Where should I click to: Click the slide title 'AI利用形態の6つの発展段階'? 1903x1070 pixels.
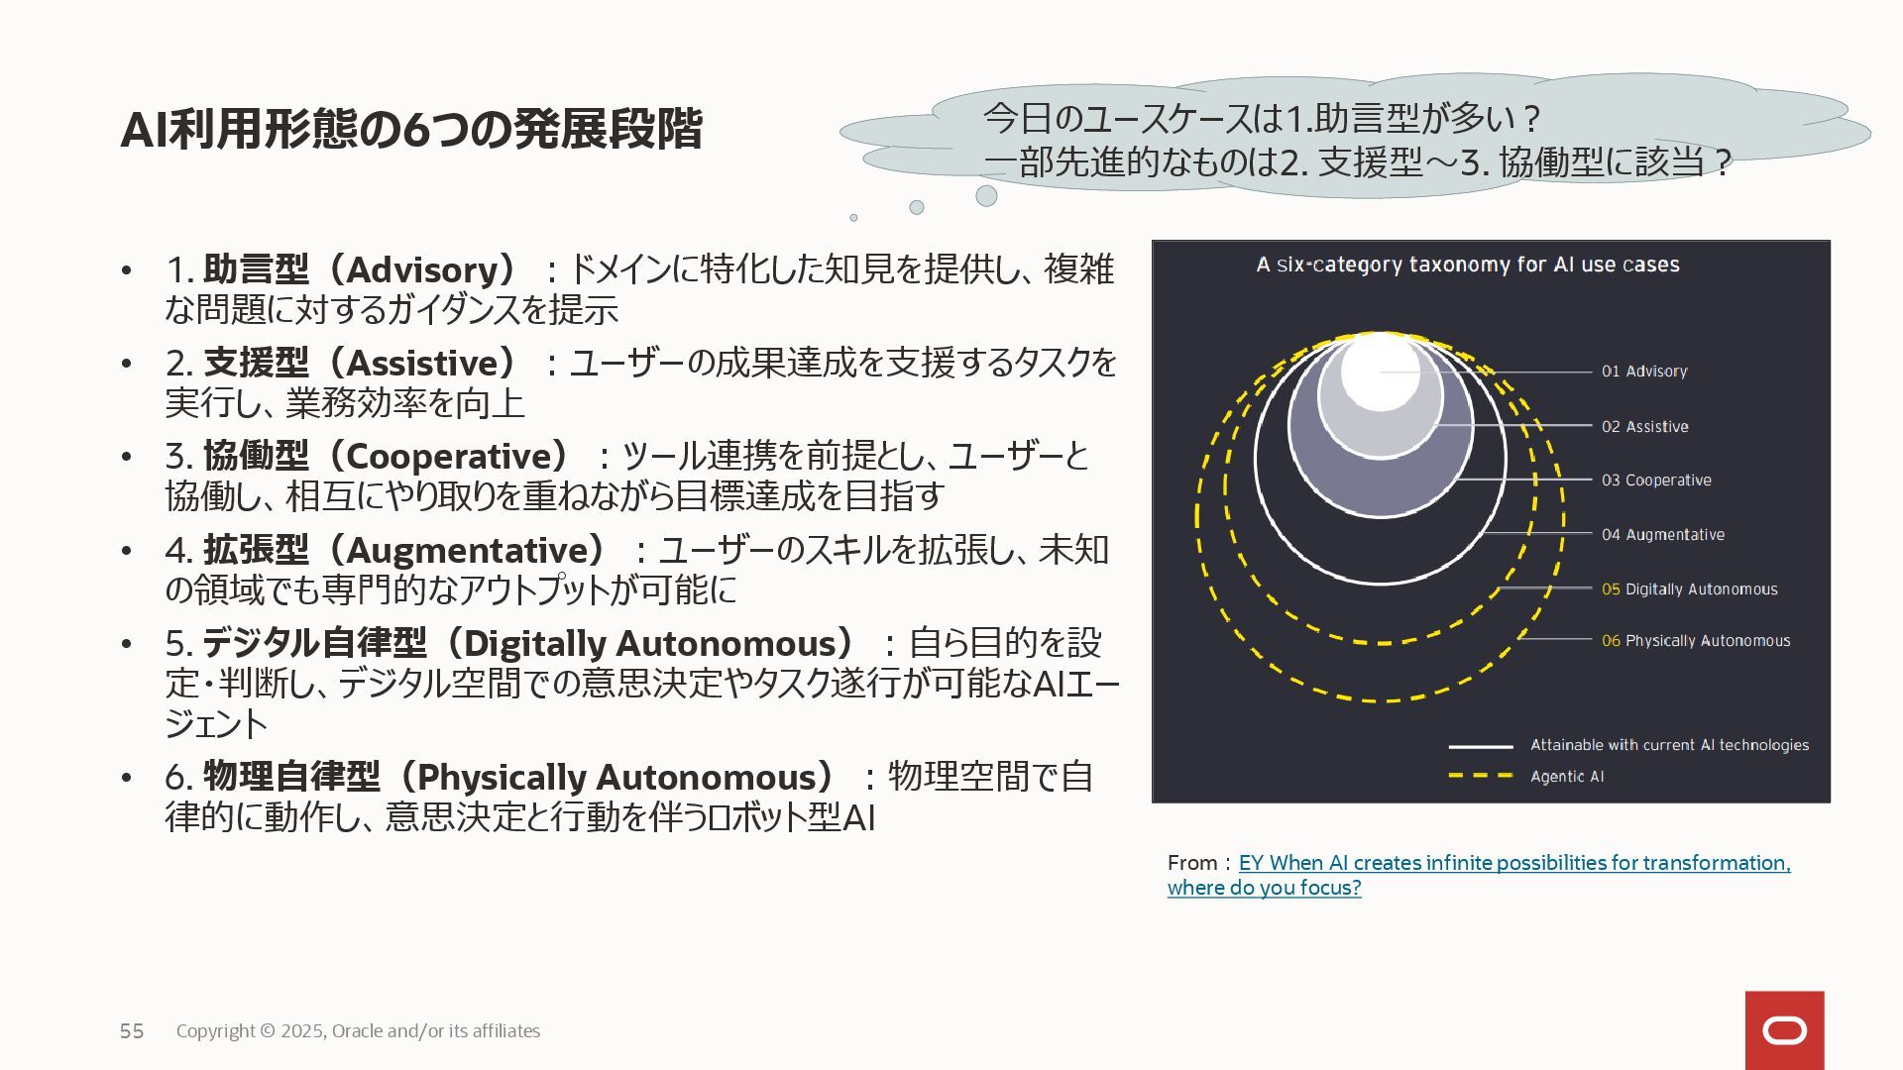click(410, 130)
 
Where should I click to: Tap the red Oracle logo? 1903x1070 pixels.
click(1784, 1030)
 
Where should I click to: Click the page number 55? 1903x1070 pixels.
click(132, 1031)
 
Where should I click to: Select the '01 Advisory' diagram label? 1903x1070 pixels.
click(1644, 372)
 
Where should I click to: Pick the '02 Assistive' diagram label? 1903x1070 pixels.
click(1644, 427)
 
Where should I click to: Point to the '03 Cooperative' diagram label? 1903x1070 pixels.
click(1656, 481)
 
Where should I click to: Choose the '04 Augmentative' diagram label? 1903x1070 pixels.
click(1662, 535)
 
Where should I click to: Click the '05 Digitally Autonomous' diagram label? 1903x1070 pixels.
click(1689, 589)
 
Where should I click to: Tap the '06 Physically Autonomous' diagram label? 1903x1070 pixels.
click(1696, 641)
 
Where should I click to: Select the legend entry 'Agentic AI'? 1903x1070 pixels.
click(1566, 777)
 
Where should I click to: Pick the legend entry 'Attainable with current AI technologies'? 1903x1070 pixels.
click(1669, 745)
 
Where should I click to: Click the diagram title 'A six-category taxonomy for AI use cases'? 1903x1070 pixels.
click(1468, 265)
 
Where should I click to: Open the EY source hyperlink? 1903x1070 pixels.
click(1513, 863)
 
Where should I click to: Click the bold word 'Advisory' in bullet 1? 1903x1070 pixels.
click(429, 269)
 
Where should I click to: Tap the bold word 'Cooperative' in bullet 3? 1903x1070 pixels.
click(456, 456)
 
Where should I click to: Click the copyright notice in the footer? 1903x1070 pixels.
click(358, 1031)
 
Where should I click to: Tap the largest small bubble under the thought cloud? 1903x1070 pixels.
click(986, 196)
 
